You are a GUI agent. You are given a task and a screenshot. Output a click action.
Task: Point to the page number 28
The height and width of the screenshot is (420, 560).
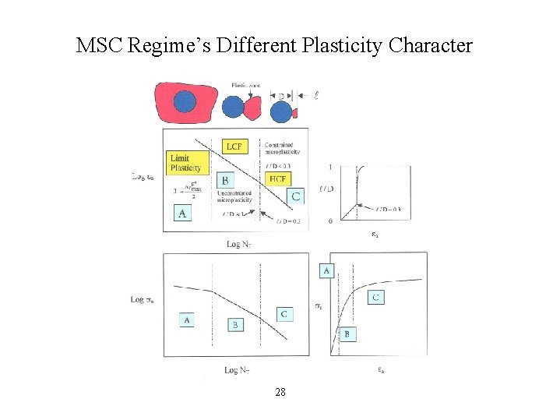280,392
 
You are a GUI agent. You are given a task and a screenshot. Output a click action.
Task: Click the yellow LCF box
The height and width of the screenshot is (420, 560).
234,146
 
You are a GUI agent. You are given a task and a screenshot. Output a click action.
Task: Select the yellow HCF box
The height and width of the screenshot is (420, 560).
277,178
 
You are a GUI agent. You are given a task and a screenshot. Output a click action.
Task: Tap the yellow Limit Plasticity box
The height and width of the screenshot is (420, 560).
186,164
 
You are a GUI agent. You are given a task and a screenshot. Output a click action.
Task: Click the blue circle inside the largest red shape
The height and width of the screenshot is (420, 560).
185,101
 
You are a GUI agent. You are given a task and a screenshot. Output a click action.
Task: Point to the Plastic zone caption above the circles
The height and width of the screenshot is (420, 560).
246,85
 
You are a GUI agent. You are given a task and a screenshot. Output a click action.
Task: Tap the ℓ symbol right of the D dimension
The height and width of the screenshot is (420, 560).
316,96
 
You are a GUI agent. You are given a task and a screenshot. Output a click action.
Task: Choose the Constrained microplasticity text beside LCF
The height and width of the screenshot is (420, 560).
282,148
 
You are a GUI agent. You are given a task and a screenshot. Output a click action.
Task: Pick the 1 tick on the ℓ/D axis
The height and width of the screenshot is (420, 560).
330,166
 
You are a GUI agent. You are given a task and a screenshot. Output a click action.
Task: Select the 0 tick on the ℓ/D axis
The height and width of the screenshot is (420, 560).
330,221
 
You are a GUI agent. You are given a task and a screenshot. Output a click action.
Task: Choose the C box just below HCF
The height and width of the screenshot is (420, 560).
295,196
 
